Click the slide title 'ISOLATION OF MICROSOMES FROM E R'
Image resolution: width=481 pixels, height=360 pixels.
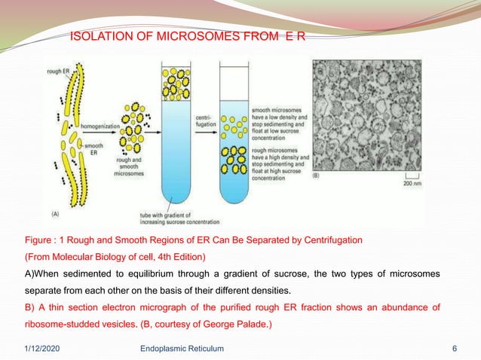(188, 35)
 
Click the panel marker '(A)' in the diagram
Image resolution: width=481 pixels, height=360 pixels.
(57, 214)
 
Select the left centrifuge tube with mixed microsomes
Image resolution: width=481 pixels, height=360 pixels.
(177, 136)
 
